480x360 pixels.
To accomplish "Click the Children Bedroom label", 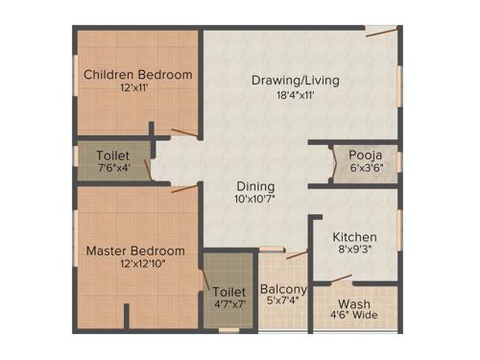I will coord(137,75).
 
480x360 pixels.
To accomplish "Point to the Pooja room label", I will coord(356,153).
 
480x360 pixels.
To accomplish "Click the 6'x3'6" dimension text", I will coord(356,167).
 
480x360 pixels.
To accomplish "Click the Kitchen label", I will coord(354,237).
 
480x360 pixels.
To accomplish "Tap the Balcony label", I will coord(283,289).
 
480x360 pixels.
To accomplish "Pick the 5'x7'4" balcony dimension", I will coord(283,303).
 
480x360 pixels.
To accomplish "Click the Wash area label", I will coord(354,303).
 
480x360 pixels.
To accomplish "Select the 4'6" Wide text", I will coord(354,317).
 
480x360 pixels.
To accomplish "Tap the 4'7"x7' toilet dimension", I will coord(228,303).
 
